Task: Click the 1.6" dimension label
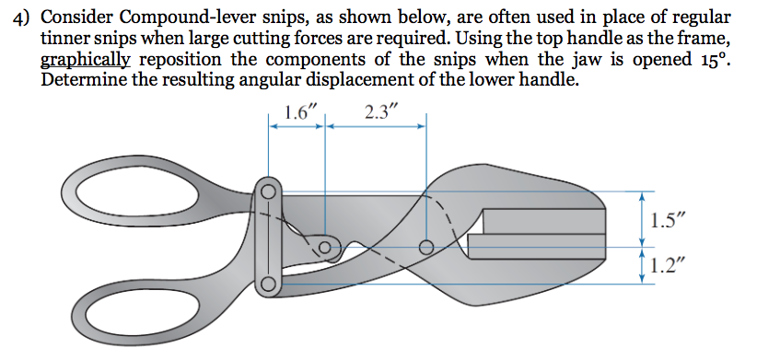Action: [x=299, y=113]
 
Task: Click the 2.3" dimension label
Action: [x=382, y=113]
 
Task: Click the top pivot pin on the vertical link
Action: [x=268, y=192]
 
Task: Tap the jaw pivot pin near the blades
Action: [x=425, y=248]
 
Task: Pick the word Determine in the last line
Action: [x=84, y=80]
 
